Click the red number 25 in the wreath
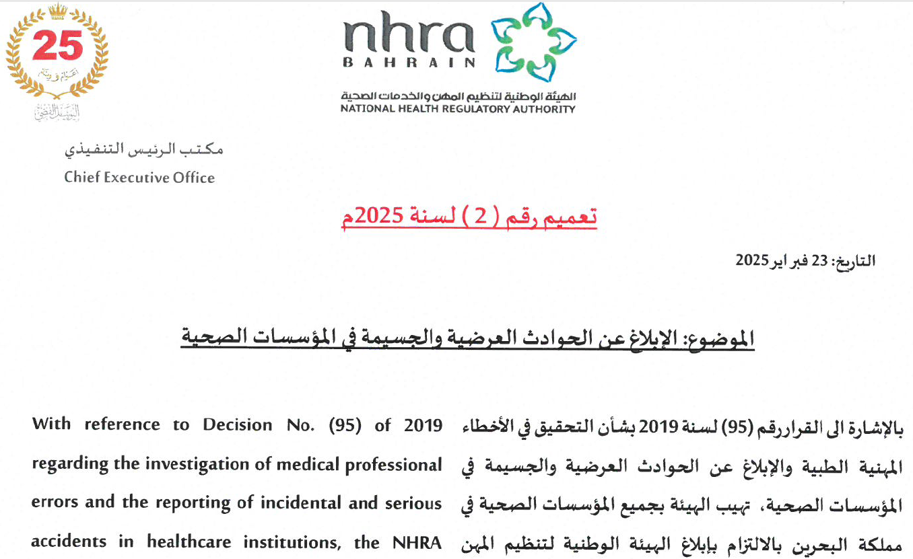tap(57, 46)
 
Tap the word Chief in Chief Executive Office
tap(80, 178)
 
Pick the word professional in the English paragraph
tap(393, 465)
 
